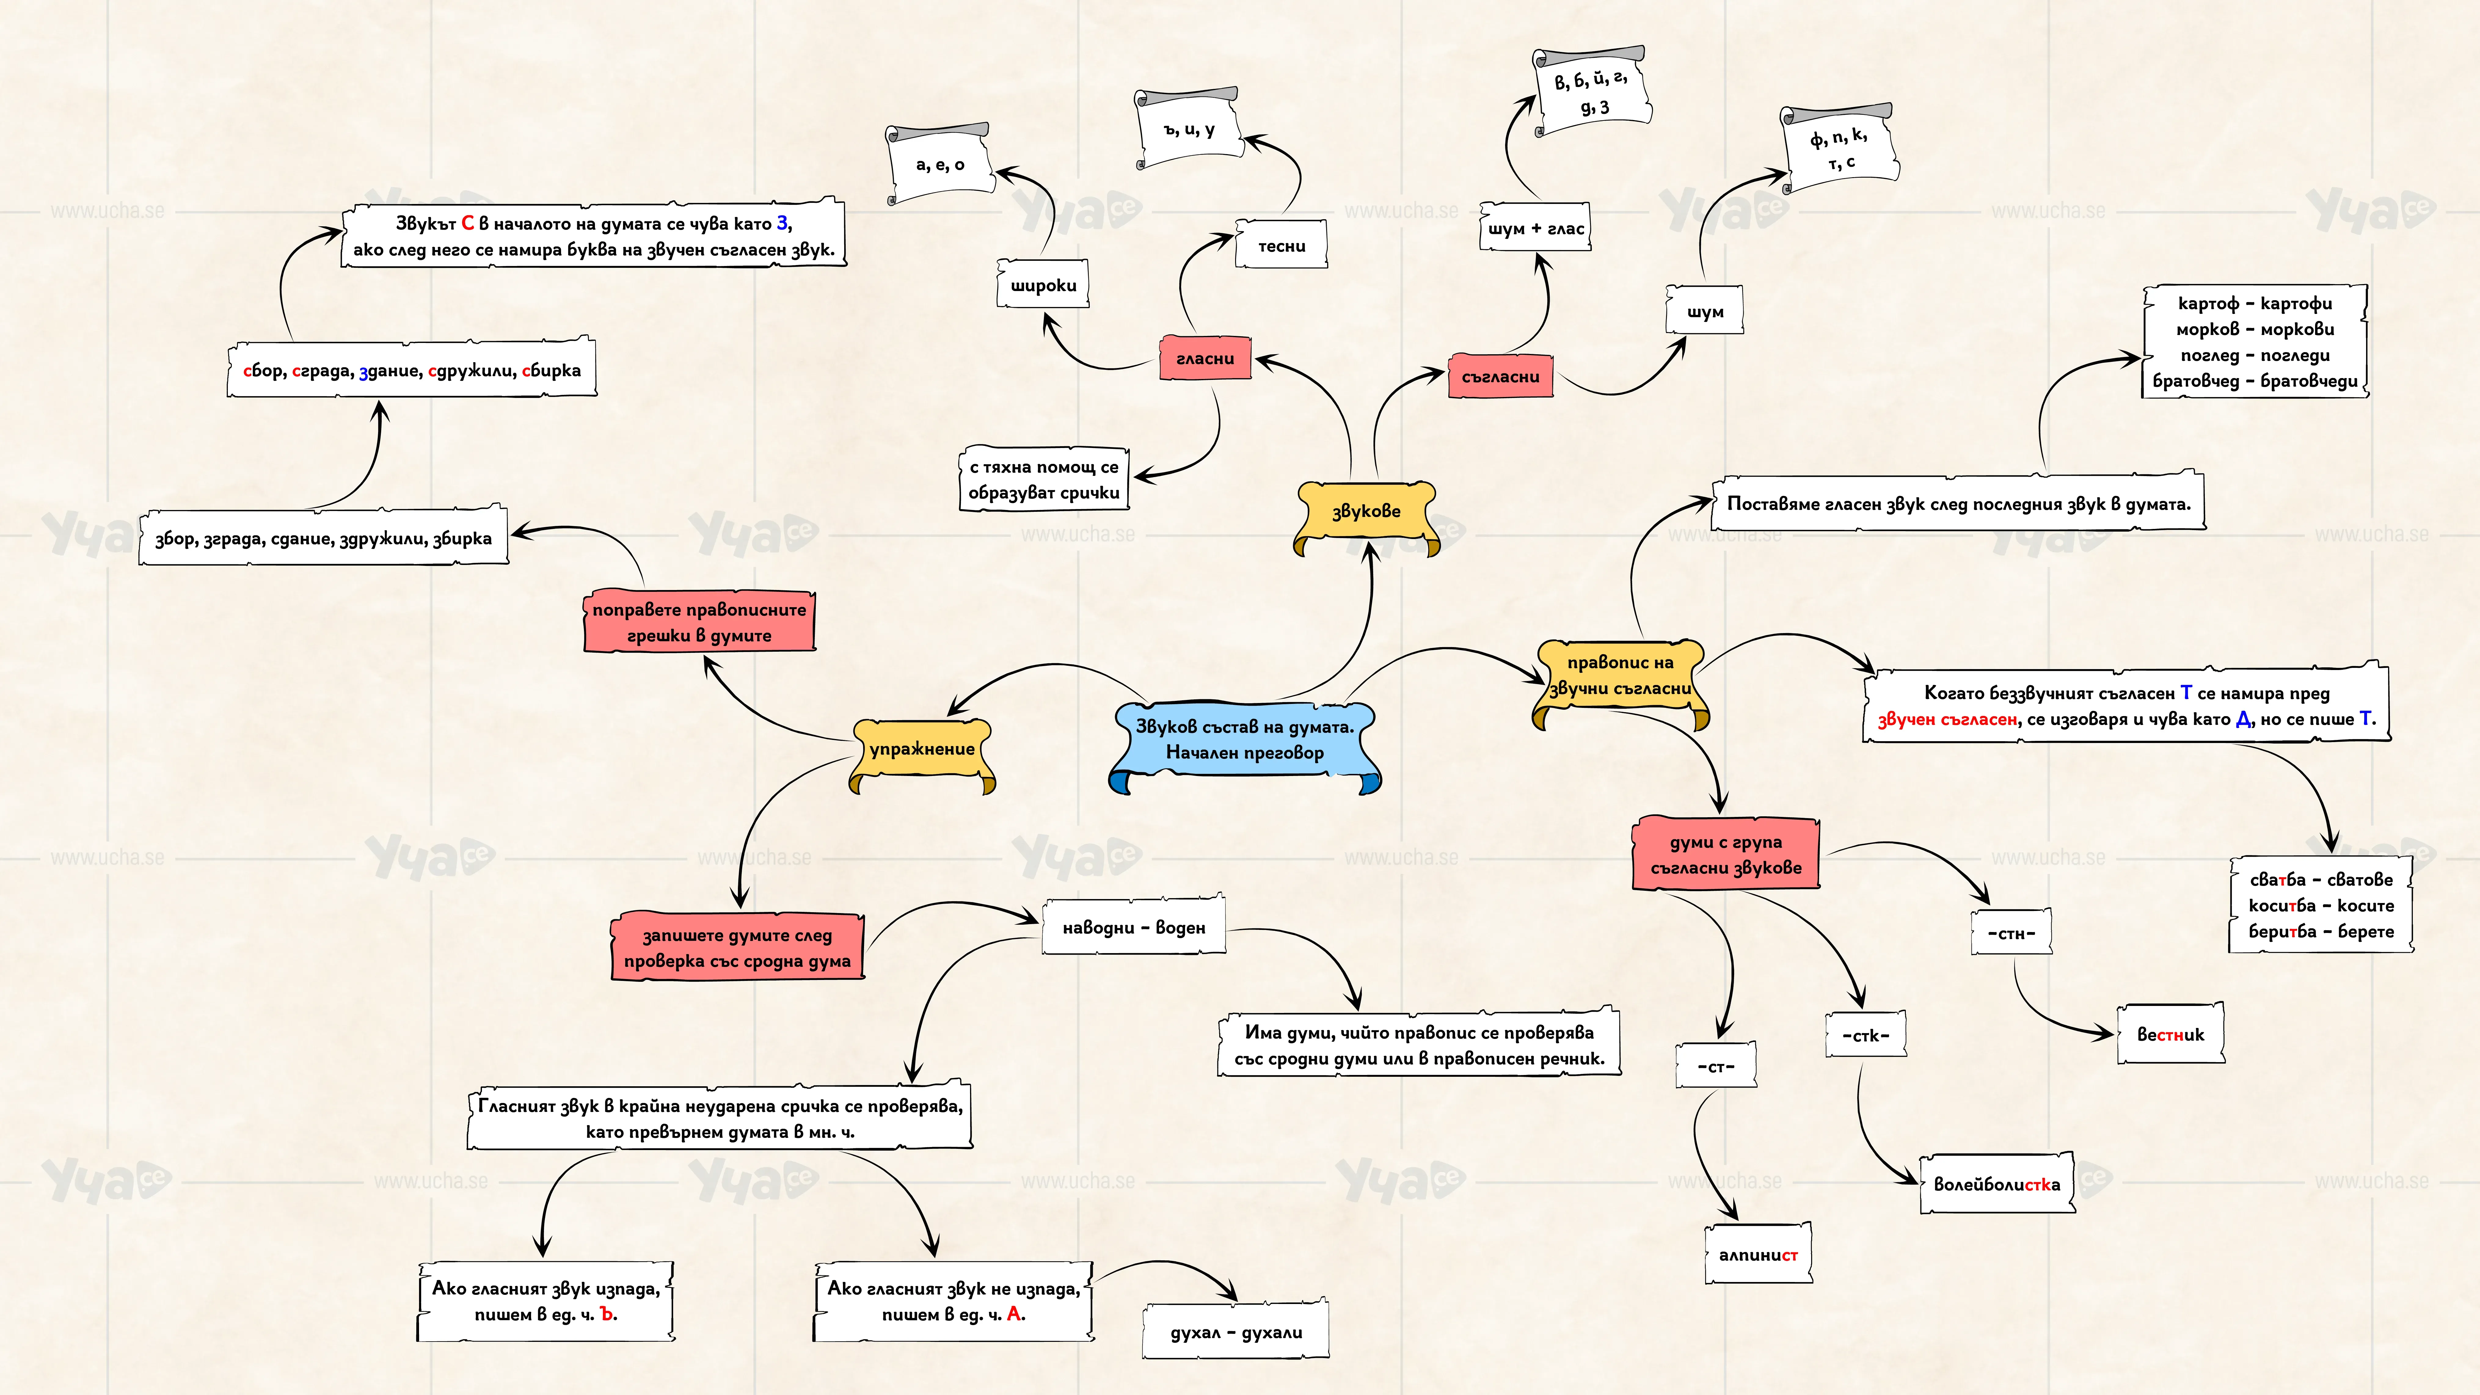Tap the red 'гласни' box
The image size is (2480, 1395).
1205,358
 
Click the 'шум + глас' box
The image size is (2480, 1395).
1536,228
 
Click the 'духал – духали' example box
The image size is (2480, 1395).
1236,1331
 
